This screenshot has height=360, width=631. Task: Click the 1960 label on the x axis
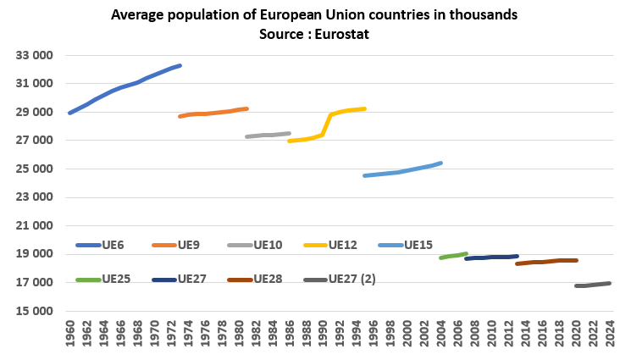[x=69, y=335]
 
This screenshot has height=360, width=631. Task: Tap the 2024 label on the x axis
[x=610, y=335]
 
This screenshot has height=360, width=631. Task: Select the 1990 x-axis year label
[x=323, y=335]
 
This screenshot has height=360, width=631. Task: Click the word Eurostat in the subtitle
[x=344, y=34]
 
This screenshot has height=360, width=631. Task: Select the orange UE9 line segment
[x=212, y=113]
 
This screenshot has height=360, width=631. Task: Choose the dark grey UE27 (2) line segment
[x=593, y=285]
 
